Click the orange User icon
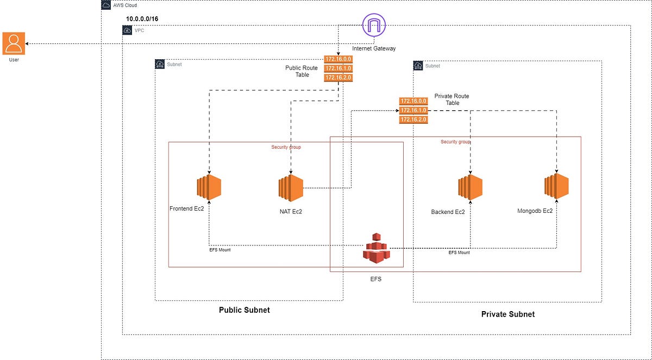pyautogui.click(x=14, y=43)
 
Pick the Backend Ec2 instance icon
pyautogui.click(x=470, y=188)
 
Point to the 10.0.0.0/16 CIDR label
pyautogui.click(x=143, y=19)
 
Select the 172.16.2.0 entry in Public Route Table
pyautogui.click(x=338, y=78)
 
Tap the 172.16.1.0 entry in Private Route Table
pyautogui.click(x=413, y=110)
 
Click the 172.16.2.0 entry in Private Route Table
pyautogui.click(x=413, y=119)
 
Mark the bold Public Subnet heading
pyautogui.click(x=244, y=310)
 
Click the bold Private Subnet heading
pyautogui.click(x=507, y=314)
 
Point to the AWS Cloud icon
pyautogui.click(x=106, y=5)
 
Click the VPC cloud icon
pyautogui.click(x=127, y=30)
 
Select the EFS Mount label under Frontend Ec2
pyautogui.click(x=220, y=250)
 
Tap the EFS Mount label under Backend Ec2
pyautogui.click(x=459, y=252)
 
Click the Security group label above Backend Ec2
pyautogui.click(x=455, y=142)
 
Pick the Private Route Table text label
pyautogui.click(x=452, y=99)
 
